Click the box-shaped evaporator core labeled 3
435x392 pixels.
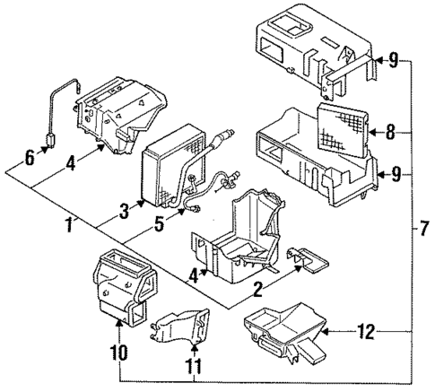click(x=168, y=166)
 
